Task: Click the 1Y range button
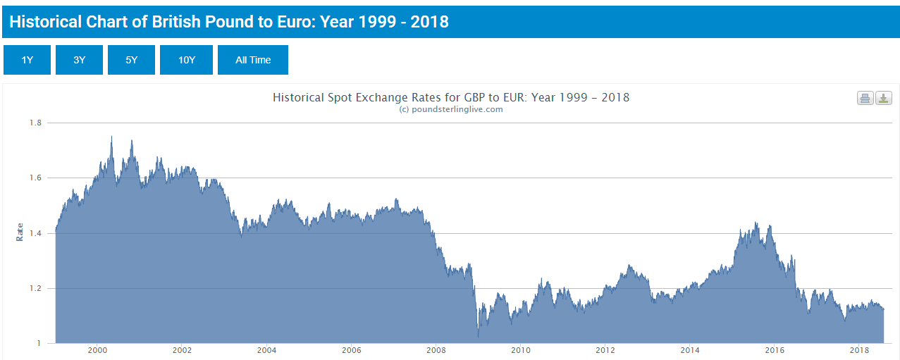point(27,60)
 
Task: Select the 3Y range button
point(79,60)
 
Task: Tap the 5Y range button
point(131,60)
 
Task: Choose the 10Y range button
point(186,60)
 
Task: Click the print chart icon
point(865,98)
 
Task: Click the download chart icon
point(883,98)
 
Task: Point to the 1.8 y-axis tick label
point(35,123)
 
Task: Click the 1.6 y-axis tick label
point(35,178)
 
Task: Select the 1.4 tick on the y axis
point(35,233)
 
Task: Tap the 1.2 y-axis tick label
point(35,288)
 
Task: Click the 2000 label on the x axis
point(97,350)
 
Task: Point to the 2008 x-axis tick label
point(436,350)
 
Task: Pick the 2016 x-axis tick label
point(775,350)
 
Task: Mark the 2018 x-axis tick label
point(859,350)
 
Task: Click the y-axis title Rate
point(20,232)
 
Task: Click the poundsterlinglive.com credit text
point(451,109)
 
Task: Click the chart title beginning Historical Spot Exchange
point(451,97)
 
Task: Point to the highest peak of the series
point(111,137)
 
